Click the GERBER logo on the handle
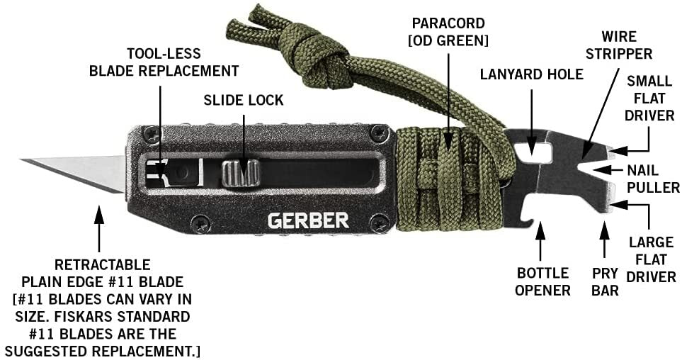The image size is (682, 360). [x=308, y=220]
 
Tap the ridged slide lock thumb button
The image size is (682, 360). [x=241, y=173]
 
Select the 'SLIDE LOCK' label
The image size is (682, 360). [x=244, y=100]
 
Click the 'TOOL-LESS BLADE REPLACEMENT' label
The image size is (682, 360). [x=164, y=62]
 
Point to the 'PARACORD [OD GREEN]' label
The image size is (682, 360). [x=448, y=31]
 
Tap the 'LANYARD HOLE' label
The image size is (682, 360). [x=532, y=74]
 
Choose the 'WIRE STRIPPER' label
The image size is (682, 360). [x=618, y=45]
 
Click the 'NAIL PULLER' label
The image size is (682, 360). [x=653, y=179]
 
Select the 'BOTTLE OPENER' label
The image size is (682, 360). [x=542, y=281]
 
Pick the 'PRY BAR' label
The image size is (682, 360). [x=605, y=281]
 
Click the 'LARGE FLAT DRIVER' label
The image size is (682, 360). [x=651, y=259]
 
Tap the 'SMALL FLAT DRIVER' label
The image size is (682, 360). [x=649, y=98]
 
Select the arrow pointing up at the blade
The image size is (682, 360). [x=99, y=229]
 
